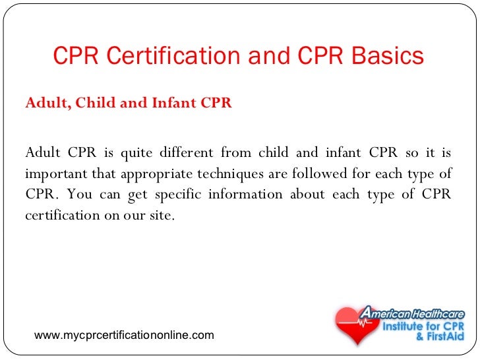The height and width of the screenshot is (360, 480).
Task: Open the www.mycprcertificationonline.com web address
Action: (124, 336)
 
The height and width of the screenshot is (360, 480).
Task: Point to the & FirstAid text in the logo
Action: (437, 337)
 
